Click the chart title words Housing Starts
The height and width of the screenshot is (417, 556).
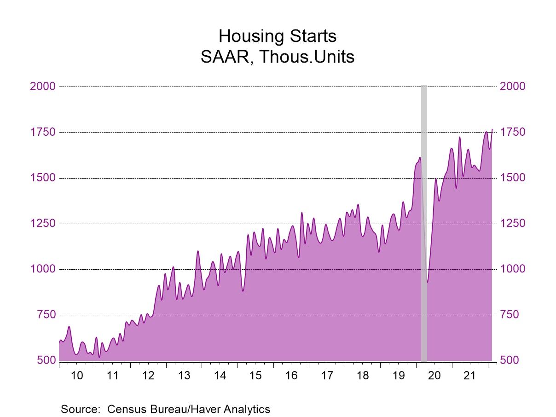coord(277,36)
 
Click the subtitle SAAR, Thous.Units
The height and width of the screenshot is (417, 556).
coord(277,57)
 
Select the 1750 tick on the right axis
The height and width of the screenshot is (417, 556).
coord(512,132)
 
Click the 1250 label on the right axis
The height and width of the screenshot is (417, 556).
coord(512,223)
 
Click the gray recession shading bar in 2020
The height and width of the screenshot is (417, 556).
coord(424,221)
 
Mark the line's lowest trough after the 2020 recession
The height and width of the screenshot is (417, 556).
coord(427,282)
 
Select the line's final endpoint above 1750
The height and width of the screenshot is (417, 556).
coord(492,129)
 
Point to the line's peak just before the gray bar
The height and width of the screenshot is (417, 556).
coord(420,158)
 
